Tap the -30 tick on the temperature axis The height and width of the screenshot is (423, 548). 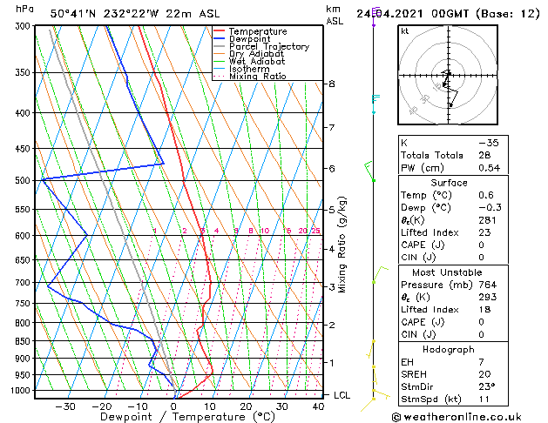pyautogui.click(x=65, y=406)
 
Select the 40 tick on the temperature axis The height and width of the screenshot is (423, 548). pyautogui.click(x=317, y=406)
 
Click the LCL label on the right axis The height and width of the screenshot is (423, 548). pyautogui.click(x=342, y=395)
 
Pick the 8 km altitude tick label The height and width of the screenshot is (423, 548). pyautogui.click(x=331, y=84)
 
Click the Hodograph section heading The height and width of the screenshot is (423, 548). pyautogui.click(x=449, y=349)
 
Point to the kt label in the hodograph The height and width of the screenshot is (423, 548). pyautogui.click(x=405, y=31)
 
